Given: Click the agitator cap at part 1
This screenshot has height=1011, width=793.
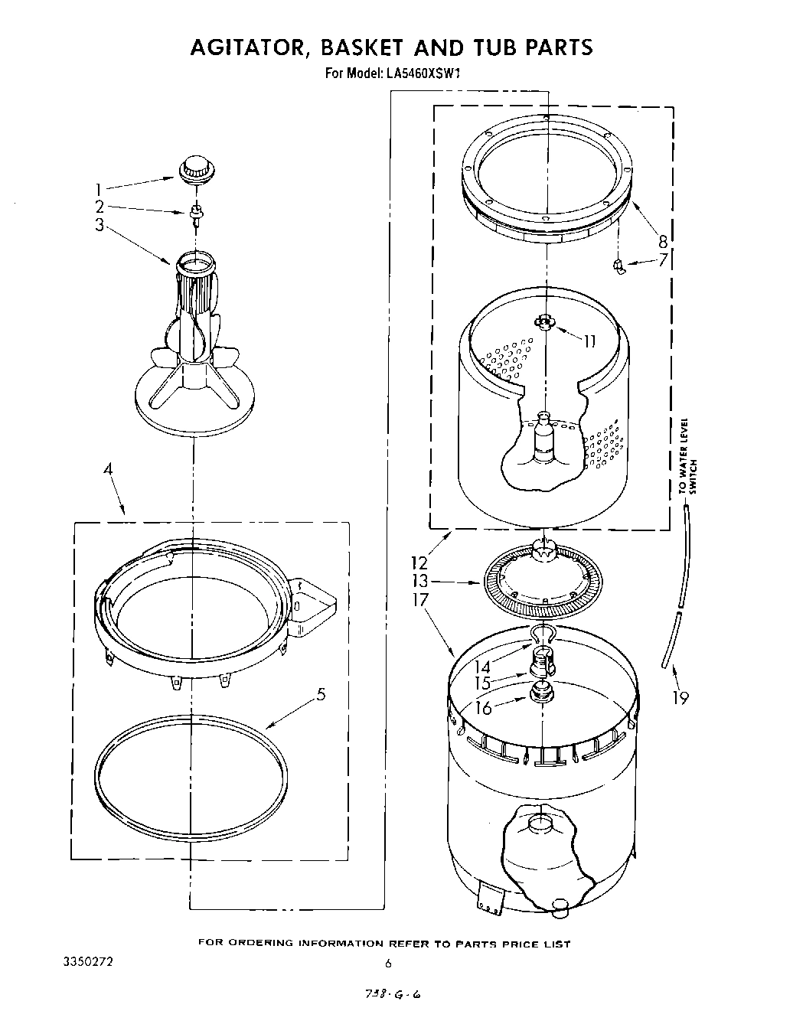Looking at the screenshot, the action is pos(196,169).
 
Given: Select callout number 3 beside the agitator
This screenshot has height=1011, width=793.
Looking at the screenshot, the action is pos(99,225).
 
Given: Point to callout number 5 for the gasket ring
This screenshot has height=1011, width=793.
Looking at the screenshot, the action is pos(321,694).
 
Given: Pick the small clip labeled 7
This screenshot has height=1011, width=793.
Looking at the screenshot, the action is pos(619,266).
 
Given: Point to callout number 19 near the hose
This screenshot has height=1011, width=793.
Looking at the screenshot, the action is pos(680,697).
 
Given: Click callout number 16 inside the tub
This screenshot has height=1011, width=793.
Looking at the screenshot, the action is pos(483,708).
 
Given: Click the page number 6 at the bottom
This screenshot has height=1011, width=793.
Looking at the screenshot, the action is pos(388,964).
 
